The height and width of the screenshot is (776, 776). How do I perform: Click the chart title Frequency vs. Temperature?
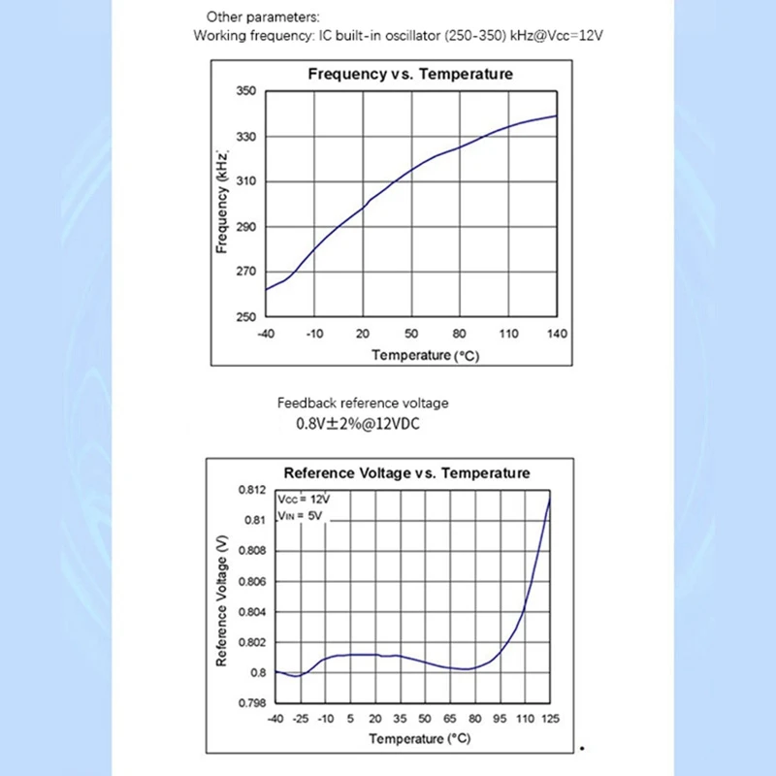(409, 74)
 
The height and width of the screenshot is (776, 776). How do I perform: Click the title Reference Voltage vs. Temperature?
(406, 473)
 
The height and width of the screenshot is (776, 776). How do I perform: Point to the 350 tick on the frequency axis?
(245, 91)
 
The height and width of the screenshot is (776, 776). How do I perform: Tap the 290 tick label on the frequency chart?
(245, 227)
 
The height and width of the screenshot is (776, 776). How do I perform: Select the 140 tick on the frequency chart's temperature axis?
(556, 334)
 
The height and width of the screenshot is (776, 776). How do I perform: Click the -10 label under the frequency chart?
(314, 334)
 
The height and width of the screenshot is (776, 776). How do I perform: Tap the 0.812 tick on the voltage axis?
(251, 490)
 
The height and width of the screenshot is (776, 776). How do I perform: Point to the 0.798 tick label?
(251, 703)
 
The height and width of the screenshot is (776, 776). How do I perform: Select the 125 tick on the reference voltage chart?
(550, 719)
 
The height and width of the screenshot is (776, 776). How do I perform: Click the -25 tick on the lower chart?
(301, 719)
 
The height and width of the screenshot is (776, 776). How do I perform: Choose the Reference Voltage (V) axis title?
(222, 596)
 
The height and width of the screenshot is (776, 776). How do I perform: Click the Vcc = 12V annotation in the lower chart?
(304, 499)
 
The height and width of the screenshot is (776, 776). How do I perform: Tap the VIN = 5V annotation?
(302, 515)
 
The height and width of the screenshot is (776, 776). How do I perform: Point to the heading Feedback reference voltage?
(363, 403)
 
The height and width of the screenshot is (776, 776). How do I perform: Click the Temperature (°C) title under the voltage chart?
(419, 739)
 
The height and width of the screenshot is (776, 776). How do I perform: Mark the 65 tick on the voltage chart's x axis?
(450, 719)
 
